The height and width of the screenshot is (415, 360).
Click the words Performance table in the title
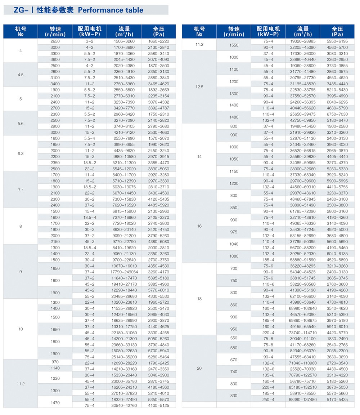(x=111, y=10)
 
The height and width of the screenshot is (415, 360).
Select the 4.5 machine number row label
(x=21, y=75)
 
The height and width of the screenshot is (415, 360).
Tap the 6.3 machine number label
(x=21, y=153)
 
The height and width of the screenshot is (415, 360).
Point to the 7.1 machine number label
(x=21, y=190)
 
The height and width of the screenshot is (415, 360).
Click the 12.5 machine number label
(x=199, y=87)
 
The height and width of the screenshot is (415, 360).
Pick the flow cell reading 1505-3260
(x=124, y=41)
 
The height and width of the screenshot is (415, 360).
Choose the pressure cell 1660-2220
(x=158, y=41)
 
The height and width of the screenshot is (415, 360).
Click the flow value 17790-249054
(x=124, y=272)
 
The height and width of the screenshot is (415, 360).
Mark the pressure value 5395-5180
(x=158, y=278)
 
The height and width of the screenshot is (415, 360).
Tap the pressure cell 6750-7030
(x=337, y=114)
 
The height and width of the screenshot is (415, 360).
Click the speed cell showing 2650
(x=55, y=41)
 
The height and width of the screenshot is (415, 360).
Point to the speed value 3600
(x=55, y=59)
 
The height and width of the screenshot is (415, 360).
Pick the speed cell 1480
(x=234, y=117)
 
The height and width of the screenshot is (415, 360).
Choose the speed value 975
(x=234, y=232)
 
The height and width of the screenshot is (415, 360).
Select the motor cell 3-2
(x=90, y=41)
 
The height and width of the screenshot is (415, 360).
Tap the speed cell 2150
(x=55, y=241)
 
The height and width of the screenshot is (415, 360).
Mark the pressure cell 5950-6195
(x=337, y=41)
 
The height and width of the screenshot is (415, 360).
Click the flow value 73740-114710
(x=303, y=333)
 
